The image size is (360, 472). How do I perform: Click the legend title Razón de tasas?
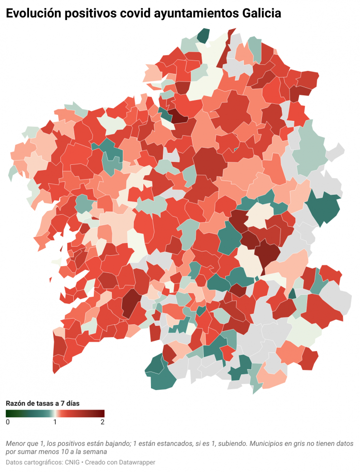point(42,403)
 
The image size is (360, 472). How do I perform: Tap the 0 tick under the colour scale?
point(8,422)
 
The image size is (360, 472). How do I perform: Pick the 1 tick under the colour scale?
point(55,422)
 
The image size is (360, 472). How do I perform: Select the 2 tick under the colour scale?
point(102,422)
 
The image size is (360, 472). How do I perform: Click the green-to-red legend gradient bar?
point(55,413)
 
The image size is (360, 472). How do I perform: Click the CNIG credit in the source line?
point(73,462)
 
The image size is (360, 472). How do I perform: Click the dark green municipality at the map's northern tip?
point(203,36)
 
